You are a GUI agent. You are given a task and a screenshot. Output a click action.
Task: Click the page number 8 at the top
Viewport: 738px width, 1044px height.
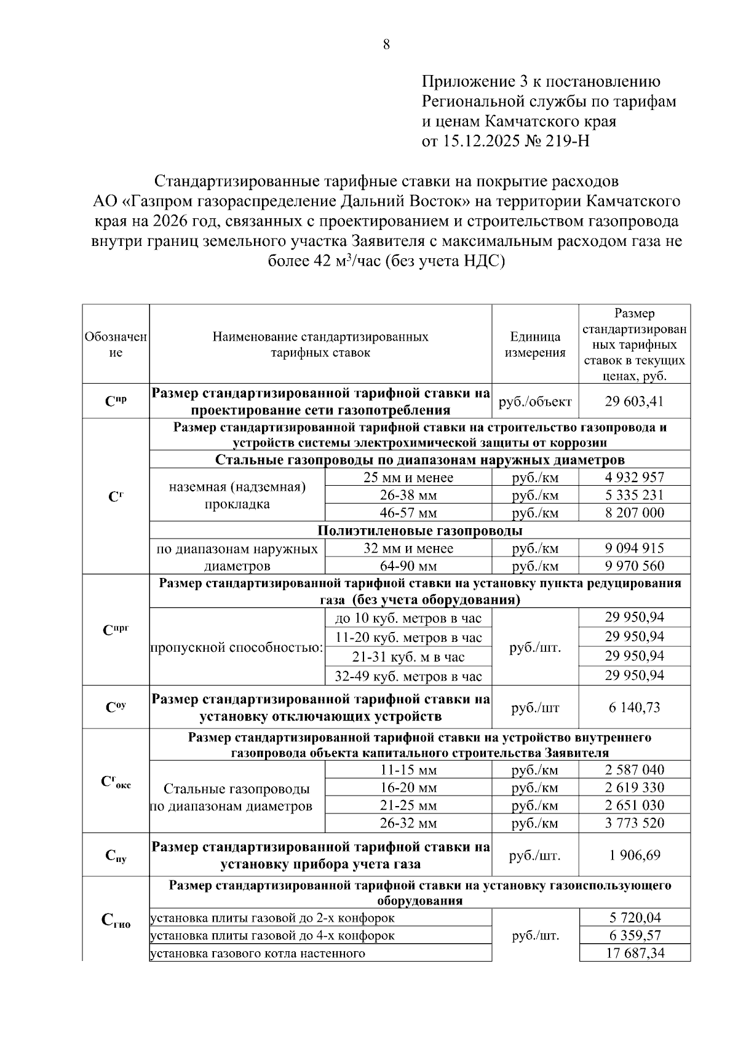pyautogui.click(x=386, y=44)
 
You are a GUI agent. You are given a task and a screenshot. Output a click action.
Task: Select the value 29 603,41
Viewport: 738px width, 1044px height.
pyautogui.click(x=634, y=401)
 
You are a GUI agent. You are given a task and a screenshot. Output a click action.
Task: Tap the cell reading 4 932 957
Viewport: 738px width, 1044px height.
pyautogui.click(x=634, y=477)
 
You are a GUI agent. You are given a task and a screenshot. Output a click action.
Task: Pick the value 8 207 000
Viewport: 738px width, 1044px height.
pyautogui.click(x=634, y=513)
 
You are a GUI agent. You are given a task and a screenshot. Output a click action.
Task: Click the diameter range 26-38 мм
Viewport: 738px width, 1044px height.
pyautogui.click(x=408, y=495)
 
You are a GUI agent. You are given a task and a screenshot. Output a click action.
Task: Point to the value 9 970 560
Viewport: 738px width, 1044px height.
pyautogui.click(x=634, y=566)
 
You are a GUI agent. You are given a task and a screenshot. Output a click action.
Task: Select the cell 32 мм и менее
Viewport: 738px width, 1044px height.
pyautogui.click(x=408, y=548)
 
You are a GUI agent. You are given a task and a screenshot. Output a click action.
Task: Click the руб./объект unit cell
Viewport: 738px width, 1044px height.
pyautogui.click(x=535, y=401)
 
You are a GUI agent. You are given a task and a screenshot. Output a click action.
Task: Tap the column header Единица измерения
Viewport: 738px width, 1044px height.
pyautogui.click(x=535, y=344)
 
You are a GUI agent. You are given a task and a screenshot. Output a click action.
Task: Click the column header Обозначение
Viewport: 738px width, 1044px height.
pyautogui.click(x=116, y=344)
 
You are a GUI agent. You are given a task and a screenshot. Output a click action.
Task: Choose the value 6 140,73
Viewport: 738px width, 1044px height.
pyautogui.click(x=634, y=707)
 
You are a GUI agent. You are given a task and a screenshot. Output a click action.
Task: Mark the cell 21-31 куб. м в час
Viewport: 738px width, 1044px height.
pyautogui.click(x=408, y=657)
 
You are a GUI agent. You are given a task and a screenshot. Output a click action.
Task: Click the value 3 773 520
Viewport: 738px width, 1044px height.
pyautogui.click(x=634, y=823)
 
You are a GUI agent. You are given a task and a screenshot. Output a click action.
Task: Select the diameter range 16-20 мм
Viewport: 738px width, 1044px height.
pyautogui.click(x=408, y=788)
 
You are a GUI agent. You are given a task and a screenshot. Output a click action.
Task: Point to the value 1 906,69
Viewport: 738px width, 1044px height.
pyautogui.click(x=634, y=855)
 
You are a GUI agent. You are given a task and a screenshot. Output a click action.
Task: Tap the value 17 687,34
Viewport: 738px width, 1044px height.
pyautogui.click(x=634, y=953)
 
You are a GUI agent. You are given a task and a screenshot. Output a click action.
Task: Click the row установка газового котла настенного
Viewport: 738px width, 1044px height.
pyautogui.click(x=258, y=953)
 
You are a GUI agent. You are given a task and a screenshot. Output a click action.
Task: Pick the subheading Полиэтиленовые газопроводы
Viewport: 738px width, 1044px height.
pyautogui.click(x=420, y=530)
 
